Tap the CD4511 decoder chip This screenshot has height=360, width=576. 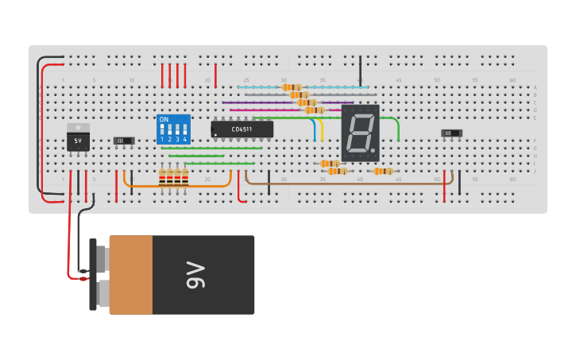pos(242,129)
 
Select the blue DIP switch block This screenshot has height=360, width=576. pos(174,129)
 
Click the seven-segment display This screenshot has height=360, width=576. pos(360,133)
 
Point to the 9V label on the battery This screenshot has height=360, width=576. pos(195,274)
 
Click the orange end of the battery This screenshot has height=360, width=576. pos(130,274)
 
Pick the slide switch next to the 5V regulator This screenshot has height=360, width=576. pos(124,141)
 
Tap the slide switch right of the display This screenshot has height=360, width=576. pos(451,134)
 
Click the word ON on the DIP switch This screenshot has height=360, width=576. pos(164,120)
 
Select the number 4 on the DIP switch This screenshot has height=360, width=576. pos(185,139)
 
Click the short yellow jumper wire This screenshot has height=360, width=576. pos(322,131)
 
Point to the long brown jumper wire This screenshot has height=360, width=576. pos(350,184)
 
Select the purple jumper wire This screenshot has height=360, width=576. pos(262,103)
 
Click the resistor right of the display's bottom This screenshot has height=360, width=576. pos(383,171)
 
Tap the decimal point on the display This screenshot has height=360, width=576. pos(373,151)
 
